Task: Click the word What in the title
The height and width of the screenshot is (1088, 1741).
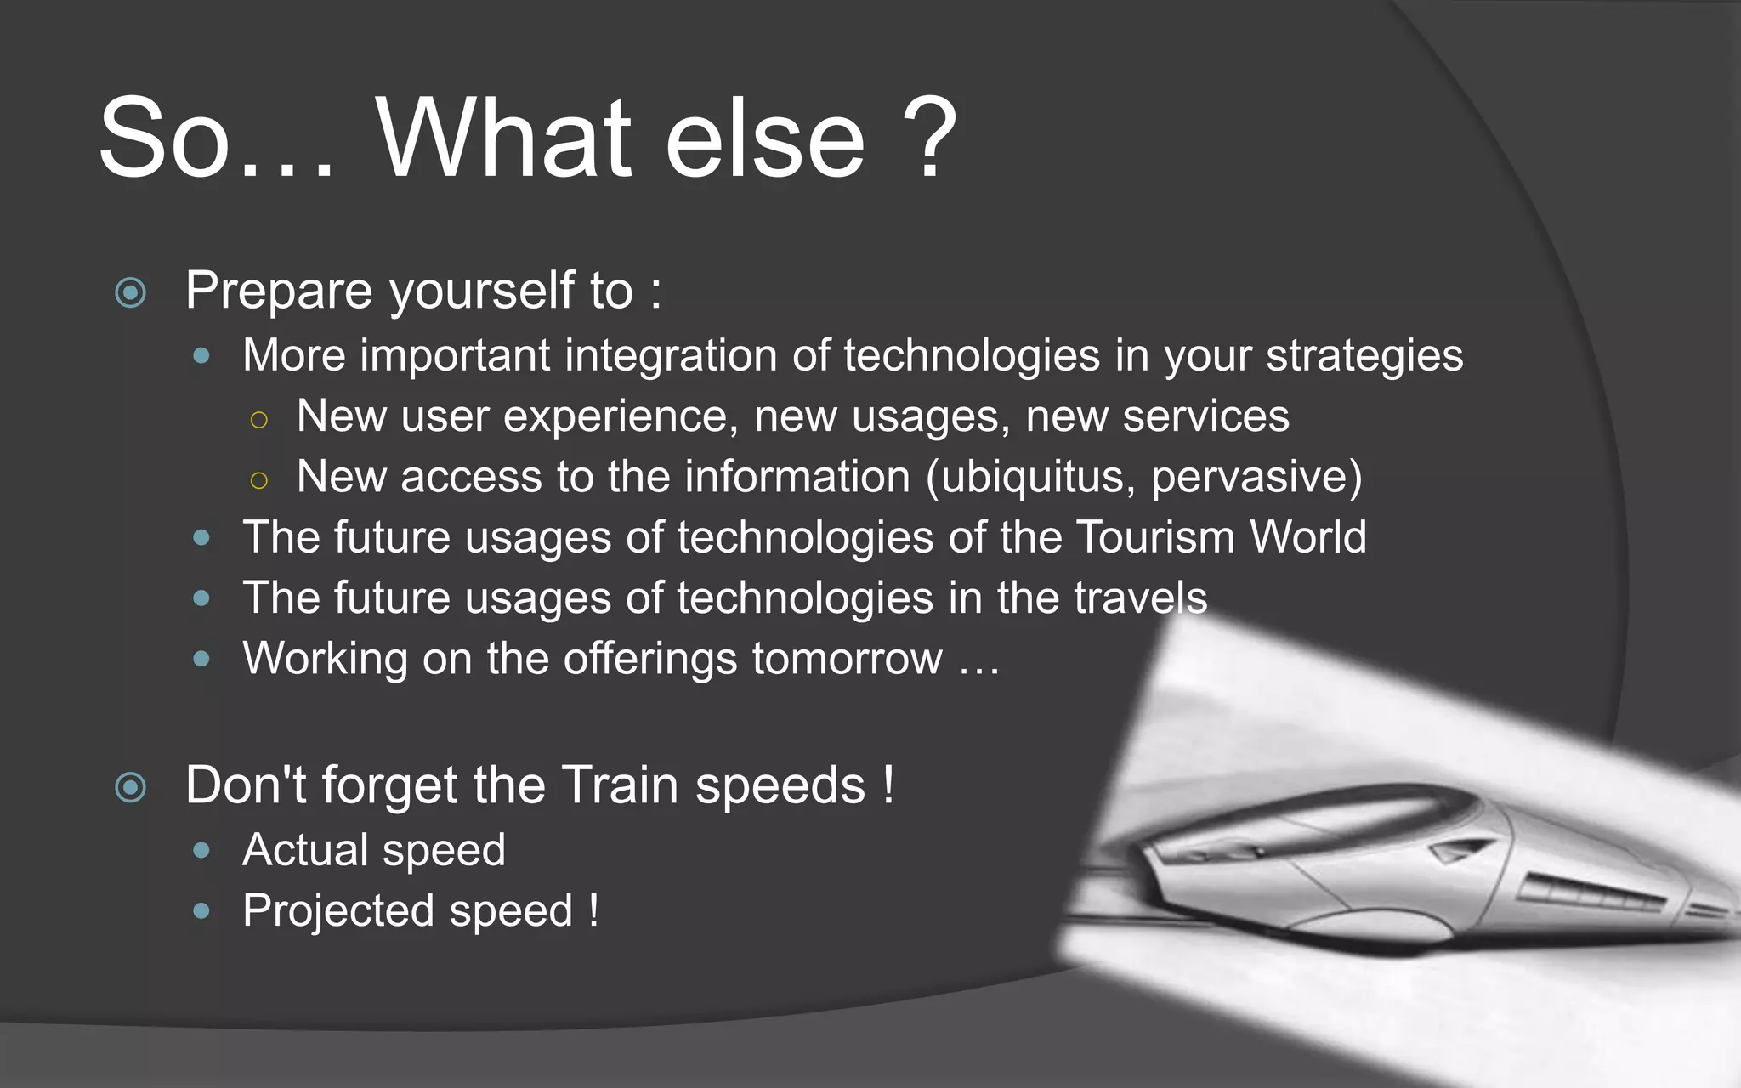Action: coord(503,138)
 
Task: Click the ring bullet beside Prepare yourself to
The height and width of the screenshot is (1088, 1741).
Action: coord(130,293)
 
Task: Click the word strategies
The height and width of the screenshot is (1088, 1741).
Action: coord(1364,356)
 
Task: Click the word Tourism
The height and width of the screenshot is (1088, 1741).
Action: coord(1155,538)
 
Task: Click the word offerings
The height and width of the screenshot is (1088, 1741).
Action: coord(649,660)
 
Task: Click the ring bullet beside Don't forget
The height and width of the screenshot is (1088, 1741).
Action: coord(130,787)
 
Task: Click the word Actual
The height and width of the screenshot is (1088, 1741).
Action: coord(305,850)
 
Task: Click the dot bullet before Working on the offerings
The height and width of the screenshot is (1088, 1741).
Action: coord(201,659)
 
